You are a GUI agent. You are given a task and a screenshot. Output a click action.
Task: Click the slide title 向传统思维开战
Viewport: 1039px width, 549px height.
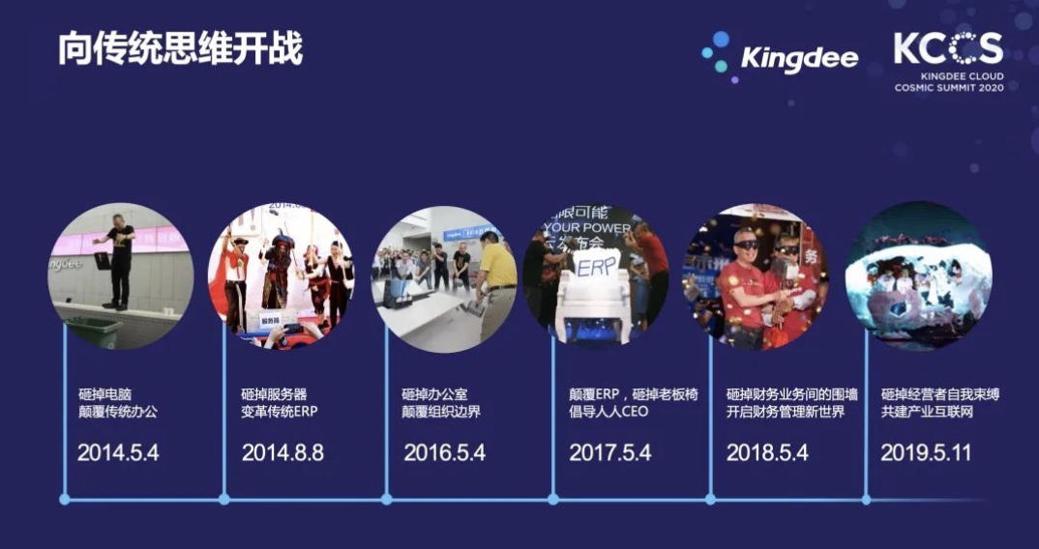coord(180,49)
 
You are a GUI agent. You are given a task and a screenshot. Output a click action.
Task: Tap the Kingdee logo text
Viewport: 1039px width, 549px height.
coord(799,59)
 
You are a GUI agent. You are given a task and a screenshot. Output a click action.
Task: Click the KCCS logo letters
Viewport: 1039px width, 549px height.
coord(948,48)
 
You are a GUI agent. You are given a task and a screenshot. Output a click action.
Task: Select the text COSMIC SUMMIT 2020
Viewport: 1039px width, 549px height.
coord(949,87)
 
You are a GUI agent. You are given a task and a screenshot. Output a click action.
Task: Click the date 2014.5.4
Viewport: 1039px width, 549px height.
coord(118,453)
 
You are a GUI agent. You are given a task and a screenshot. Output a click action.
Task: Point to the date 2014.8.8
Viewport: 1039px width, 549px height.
coord(282,453)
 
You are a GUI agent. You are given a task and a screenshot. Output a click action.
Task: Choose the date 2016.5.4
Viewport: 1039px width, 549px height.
coord(445,453)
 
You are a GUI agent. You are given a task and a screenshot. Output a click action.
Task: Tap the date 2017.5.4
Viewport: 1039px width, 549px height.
coord(609,453)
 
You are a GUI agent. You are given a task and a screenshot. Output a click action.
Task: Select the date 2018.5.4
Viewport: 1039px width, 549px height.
coord(767,453)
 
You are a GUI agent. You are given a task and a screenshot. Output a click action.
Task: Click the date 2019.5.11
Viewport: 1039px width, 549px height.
coord(926,453)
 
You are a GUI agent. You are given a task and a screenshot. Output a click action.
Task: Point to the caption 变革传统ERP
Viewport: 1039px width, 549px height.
coord(280,412)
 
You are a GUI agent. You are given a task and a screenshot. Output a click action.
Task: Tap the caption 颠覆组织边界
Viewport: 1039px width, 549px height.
coord(440,412)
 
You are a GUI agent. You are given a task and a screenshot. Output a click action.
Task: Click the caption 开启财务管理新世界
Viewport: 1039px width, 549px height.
coord(786,412)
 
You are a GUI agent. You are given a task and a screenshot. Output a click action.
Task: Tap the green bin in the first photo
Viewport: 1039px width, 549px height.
coord(93,332)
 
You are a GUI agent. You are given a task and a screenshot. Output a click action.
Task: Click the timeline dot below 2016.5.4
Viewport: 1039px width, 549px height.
coord(386,499)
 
